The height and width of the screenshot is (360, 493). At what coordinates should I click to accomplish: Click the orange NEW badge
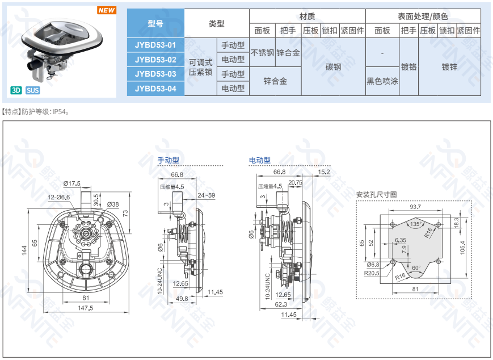106,10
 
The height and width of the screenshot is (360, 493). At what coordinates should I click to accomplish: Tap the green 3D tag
16,90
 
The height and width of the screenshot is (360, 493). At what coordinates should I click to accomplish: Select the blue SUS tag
32,90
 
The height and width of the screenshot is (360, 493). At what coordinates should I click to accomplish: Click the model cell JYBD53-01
155,45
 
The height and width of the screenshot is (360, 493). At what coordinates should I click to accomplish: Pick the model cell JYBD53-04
155,89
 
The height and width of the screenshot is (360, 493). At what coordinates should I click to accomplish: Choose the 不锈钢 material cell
262,53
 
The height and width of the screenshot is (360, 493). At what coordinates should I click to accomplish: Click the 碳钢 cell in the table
333,67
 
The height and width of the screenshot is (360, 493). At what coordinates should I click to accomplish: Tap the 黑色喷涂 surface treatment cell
382,81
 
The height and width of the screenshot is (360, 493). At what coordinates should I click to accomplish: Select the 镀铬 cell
408,67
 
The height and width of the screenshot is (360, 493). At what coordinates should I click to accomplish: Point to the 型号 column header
155,24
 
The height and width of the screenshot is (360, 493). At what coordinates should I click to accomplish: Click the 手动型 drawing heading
168,161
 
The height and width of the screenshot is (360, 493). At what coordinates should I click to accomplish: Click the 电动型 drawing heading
259,161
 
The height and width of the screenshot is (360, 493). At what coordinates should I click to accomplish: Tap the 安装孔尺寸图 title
376,195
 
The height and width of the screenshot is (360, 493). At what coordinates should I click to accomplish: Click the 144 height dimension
24,250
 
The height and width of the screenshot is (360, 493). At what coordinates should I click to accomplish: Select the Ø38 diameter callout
112,204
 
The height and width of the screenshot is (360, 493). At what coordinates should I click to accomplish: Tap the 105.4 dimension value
462,249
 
